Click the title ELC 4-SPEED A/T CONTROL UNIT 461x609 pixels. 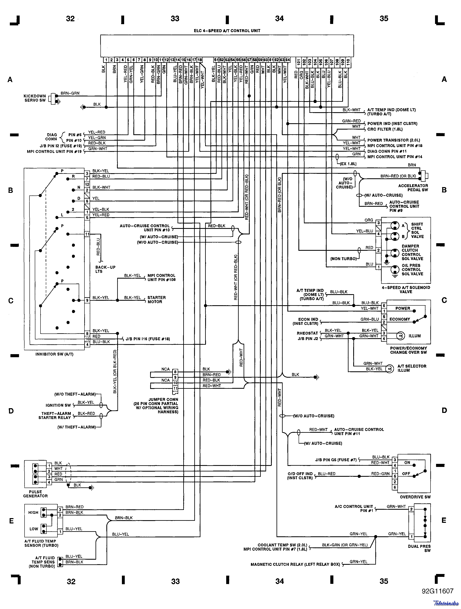coord(227,31)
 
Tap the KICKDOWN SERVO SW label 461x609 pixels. coord(35,98)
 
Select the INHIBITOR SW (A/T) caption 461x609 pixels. coord(54,354)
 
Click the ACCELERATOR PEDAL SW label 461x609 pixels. coord(413,188)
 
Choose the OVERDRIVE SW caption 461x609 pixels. coord(415,497)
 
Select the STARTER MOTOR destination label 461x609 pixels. coord(156,299)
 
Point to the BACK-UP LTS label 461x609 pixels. coord(105,269)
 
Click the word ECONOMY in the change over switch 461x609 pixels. coord(400,319)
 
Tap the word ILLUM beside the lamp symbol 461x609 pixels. coord(415,336)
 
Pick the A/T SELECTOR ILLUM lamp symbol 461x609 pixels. coord(389,369)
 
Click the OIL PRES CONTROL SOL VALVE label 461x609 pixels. coord(412,270)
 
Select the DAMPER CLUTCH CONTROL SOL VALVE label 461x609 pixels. coord(412,252)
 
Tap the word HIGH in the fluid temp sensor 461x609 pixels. coord(33,513)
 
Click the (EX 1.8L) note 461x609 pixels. coord(348,164)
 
